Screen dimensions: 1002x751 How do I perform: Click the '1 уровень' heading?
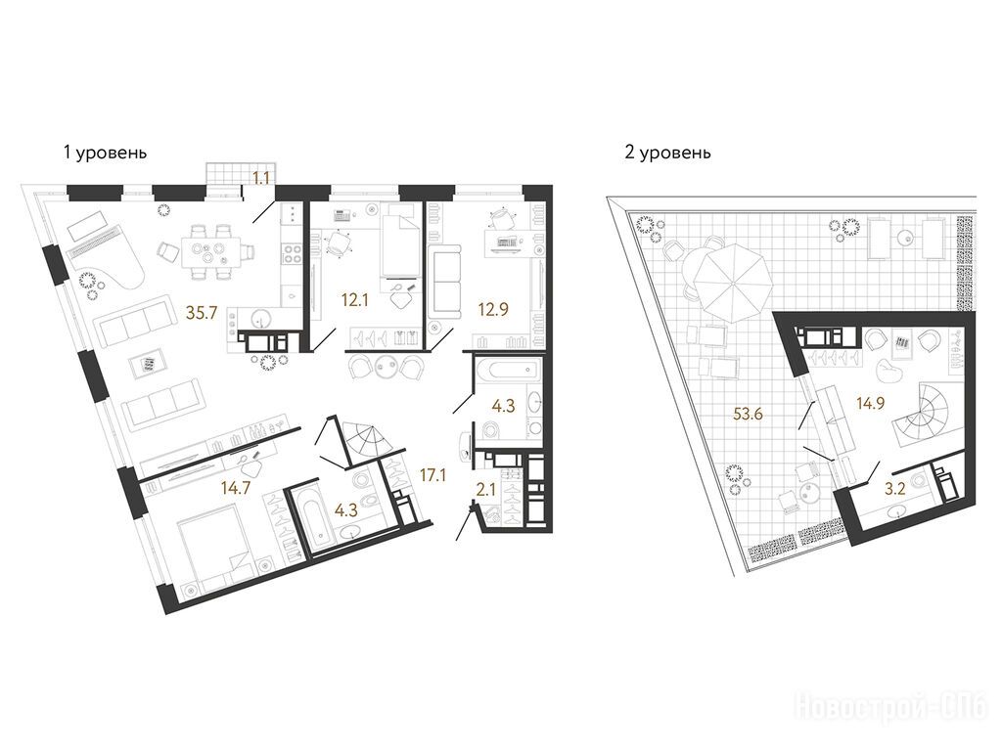(106, 154)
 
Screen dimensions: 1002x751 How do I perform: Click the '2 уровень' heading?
(667, 154)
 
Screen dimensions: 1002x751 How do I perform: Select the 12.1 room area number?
(354, 299)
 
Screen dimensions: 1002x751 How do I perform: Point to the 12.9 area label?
(494, 310)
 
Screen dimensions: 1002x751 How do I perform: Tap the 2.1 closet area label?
(486, 490)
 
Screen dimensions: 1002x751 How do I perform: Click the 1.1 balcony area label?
(260, 178)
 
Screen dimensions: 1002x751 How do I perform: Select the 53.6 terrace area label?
(749, 414)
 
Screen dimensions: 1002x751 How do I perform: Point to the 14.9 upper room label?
(871, 403)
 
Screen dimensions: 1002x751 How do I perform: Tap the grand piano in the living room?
(102, 255)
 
